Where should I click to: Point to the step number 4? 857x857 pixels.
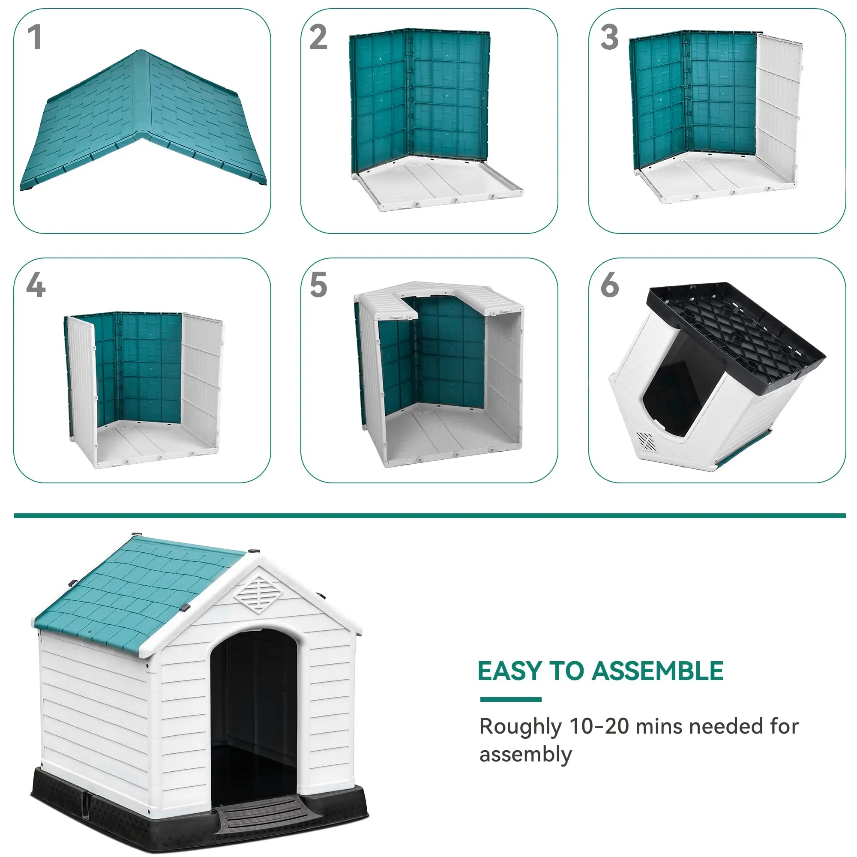pos(36,285)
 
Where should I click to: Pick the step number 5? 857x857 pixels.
pos(318,285)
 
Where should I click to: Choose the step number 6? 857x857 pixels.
pos(609,285)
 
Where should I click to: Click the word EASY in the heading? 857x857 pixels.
pos(509,671)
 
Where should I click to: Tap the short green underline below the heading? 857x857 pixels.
pos(511,700)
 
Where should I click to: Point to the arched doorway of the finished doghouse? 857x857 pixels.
pos(254,710)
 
